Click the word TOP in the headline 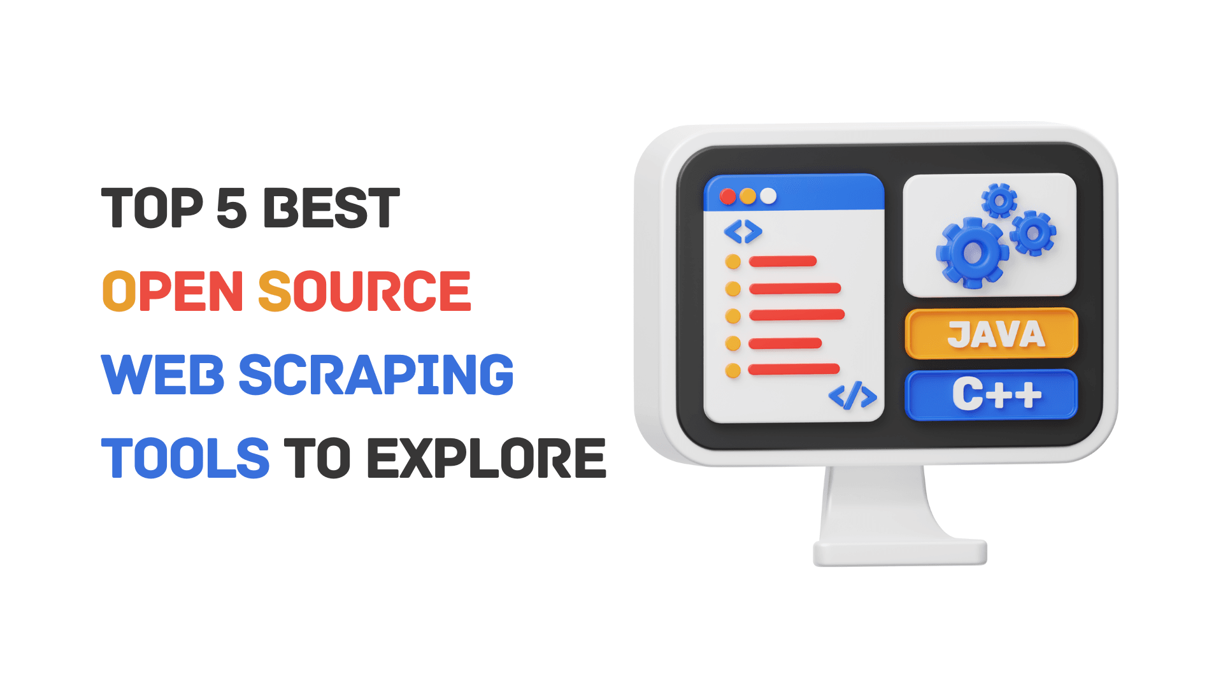[152, 208]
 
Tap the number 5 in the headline [232, 208]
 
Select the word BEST [332, 208]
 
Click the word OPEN [173, 291]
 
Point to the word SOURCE [364, 291]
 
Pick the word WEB [163, 375]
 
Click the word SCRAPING [376, 375]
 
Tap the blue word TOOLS [185, 458]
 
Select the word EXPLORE [487, 458]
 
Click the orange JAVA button [991, 334]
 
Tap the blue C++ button [991, 395]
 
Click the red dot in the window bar [727, 196]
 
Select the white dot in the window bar [769, 196]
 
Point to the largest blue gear [973, 253]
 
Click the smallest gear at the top [999, 201]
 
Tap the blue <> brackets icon [743, 232]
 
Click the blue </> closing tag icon [852, 396]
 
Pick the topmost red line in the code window [783, 261]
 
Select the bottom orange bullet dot [733, 370]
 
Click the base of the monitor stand [900, 553]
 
